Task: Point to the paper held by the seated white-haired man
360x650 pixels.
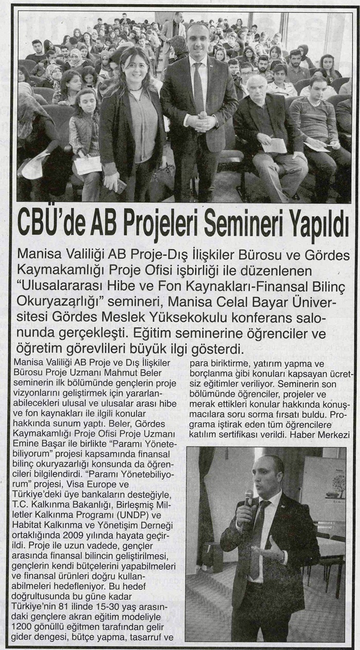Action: point(274,145)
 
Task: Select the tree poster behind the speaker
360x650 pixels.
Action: point(325,489)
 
